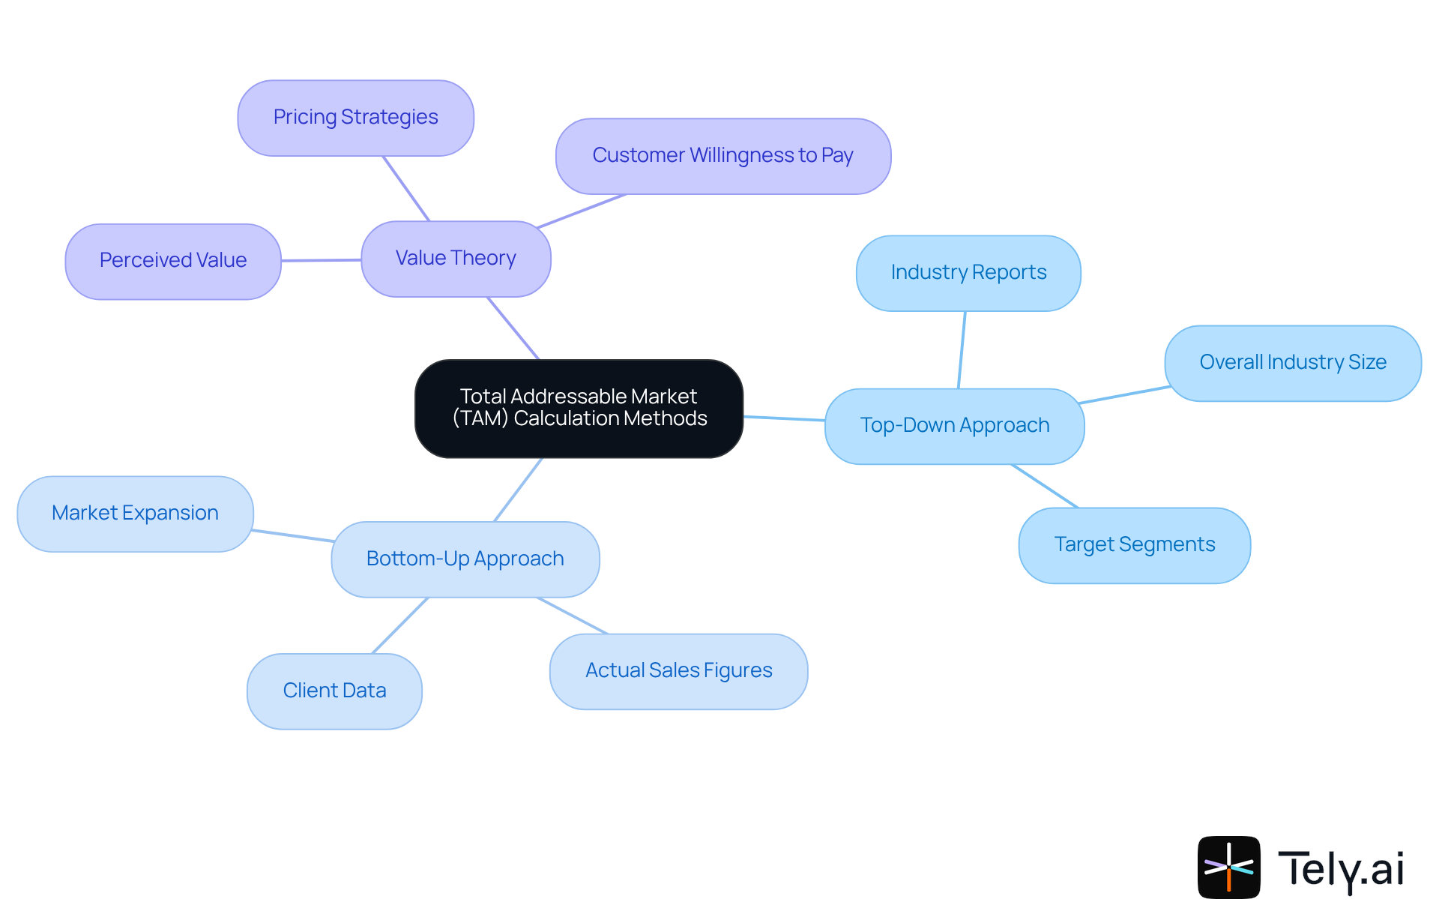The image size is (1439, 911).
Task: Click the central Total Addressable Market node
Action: pyautogui.click(x=579, y=408)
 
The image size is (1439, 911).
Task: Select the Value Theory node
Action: pyautogui.click(x=456, y=259)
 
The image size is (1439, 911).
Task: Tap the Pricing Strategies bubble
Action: pyautogui.click(x=355, y=118)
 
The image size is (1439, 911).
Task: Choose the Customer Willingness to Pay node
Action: pyautogui.click(x=722, y=156)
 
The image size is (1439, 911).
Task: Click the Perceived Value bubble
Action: pyautogui.click(x=172, y=261)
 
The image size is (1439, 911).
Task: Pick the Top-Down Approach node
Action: pyautogui.click(x=954, y=426)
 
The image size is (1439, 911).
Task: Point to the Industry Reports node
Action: pyautogui.click(x=968, y=273)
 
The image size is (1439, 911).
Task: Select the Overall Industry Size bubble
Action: pyautogui.click(x=1292, y=363)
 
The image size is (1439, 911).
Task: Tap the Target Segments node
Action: pyautogui.click(x=1134, y=545)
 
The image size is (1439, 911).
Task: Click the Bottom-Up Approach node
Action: pyautogui.click(x=465, y=559)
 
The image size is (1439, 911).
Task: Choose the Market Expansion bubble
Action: pyautogui.click(x=135, y=514)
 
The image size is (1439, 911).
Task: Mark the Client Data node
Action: pyautogui.click(x=334, y=691)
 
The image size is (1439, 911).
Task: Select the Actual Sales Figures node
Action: pyautogui.click(x=678, y=671)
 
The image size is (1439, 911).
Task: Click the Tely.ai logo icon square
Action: pyautogui.click(x=1228, y=867)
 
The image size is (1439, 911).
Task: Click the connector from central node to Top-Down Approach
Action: pyautogui.click(x=784, y=418)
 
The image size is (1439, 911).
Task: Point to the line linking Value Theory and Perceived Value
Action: pyautogui.click(x=321, y=260)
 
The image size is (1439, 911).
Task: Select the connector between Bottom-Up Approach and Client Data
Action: pyautogui.click(x=400, y=625)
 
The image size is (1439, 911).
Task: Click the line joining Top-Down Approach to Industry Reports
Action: pyautogui.click(x=962, y=350)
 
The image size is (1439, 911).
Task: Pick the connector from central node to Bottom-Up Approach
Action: pyautogui.click(x=518, y=490)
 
